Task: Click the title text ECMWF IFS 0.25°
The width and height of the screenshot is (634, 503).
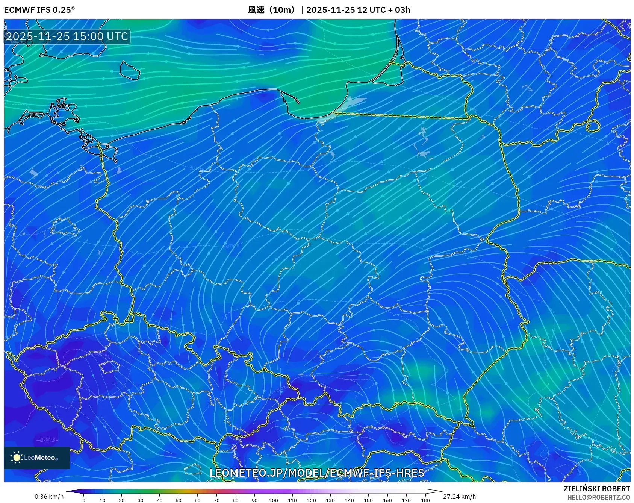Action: click(x=39, y=10)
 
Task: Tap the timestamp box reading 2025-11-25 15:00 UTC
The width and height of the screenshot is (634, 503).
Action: click(x=67, y=36)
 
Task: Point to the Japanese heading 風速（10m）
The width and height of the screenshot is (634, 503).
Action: click(x=272, y=10)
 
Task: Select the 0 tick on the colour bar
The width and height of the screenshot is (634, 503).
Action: click(x=84, y=500)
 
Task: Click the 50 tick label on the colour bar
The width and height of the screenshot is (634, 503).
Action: click(x=179, y=500)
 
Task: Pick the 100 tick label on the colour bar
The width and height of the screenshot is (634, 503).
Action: click(x=273, y=500)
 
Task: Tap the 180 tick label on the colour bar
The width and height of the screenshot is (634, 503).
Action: click(x=425, y=500)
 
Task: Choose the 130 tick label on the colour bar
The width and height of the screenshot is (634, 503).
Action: click(x=330, y=500)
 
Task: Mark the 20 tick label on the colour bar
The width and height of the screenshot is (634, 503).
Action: click(x=122, y=500)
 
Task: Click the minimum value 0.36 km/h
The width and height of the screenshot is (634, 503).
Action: click(x=49, y=497)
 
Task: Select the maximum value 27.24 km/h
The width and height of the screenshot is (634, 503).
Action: click(x=459, y=497)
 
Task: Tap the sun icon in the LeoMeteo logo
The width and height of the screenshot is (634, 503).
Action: click(x=17, y=457)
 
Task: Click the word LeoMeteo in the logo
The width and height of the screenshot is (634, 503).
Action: click(x=39, y=458)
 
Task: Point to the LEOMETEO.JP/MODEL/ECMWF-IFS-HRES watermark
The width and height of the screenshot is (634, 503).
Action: click(x=317, y=473)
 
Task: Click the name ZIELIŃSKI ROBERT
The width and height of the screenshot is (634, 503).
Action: click(x=596, y=489)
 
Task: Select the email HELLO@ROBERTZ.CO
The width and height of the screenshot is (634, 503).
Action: click(x=598, y=497)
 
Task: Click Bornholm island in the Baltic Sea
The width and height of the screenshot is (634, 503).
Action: click(x=129, y=70)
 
